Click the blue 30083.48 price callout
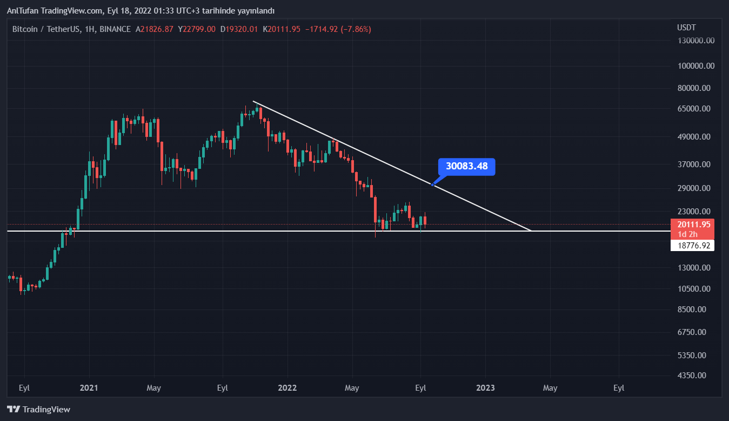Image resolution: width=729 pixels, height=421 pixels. point(467,166)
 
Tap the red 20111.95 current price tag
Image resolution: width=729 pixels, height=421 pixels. point(692,224)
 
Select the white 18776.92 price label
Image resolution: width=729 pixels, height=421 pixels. point(692,246)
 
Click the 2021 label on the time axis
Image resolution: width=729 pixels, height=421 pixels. point(89,388)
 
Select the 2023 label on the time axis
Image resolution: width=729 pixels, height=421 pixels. point(485,388)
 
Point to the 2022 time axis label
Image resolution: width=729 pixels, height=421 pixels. point(287,388)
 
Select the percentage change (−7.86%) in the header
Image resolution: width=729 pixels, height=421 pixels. point(355,29)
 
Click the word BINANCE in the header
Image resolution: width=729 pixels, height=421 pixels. point(115,29)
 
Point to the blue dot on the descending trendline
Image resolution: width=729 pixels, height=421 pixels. point(432,185)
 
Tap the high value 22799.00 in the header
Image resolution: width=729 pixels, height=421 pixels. point(200,29)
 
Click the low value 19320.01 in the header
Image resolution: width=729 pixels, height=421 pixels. point(242,29)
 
